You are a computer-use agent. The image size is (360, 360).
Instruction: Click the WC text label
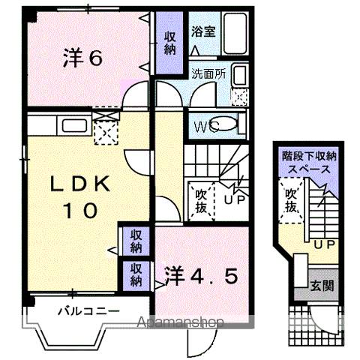point(205,126)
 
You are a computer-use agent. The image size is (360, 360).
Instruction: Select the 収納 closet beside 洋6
point(169,42)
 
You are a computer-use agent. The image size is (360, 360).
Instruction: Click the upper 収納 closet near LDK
point(135,241)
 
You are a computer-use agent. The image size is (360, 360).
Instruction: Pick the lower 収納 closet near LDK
point(135,274)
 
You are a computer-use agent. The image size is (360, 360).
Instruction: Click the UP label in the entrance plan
point(323,245)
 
